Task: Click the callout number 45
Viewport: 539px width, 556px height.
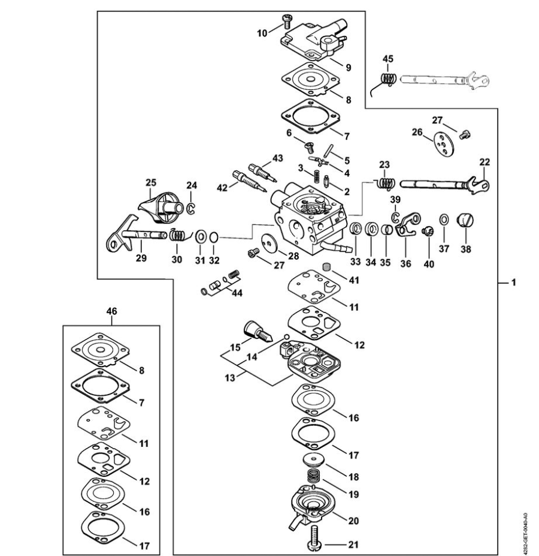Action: (388, 58)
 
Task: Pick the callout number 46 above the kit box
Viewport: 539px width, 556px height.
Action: (111, 311)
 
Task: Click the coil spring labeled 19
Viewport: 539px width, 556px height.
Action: (314, 477)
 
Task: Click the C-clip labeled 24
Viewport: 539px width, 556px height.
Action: (192, 208)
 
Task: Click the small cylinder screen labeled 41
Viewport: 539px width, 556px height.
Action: (327, 267)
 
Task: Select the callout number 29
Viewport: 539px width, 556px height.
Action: (141, 260)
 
